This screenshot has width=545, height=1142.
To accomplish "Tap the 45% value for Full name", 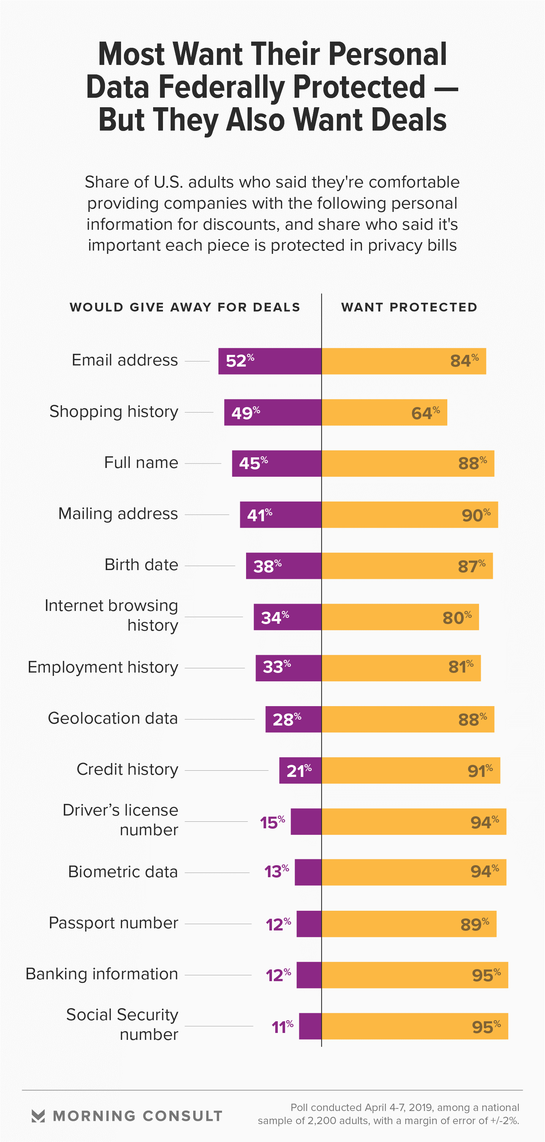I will (253, 463).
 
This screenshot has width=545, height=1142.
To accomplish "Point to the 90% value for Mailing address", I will (476, 515).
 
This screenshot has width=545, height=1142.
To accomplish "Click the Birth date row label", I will (141, 565).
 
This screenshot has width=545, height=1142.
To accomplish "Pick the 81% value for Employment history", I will (461, 667).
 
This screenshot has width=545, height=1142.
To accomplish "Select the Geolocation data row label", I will (113, 718).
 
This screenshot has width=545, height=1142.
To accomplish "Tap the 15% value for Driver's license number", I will (272, 822).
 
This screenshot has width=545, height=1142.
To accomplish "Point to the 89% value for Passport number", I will (475, 924).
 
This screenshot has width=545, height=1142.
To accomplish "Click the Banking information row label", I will (102, 974).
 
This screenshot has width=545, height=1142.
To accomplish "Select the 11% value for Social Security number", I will (282, 1027).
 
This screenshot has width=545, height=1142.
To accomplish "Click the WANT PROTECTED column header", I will (409, 307).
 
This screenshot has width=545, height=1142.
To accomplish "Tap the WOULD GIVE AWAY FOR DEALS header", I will (185, 307).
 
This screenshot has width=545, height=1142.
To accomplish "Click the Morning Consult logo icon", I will (39, 1116).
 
